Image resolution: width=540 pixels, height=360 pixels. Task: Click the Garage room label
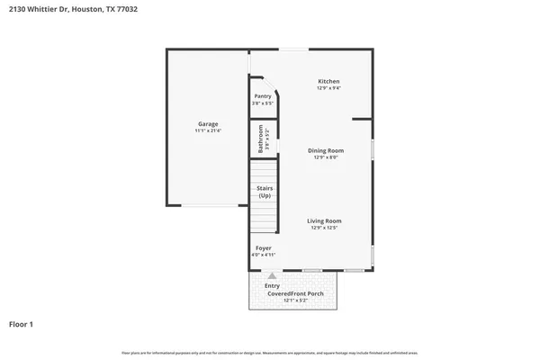(x=208, y=124)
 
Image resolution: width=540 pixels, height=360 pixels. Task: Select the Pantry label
(x=263, y=96)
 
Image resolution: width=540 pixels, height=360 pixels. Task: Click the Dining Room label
(x=326, y=150)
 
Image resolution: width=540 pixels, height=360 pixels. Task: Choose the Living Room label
(x=325, y=220)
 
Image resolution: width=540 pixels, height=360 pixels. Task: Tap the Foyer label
(x=264, y=247)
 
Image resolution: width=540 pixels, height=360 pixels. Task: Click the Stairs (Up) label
(x=265, y=193)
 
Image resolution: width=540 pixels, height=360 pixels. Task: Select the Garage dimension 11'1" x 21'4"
(x=208, y=131)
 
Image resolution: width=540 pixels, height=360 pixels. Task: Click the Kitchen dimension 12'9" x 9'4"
(x=328, y=89)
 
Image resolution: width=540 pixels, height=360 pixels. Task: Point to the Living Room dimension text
(x=325, y=228)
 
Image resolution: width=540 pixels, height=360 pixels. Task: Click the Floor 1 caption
(x=22, y=324)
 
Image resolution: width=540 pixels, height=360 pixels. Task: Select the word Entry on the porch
(x=273, y=285)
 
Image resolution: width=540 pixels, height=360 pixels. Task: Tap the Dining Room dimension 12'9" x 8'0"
(x=326, y=157)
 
